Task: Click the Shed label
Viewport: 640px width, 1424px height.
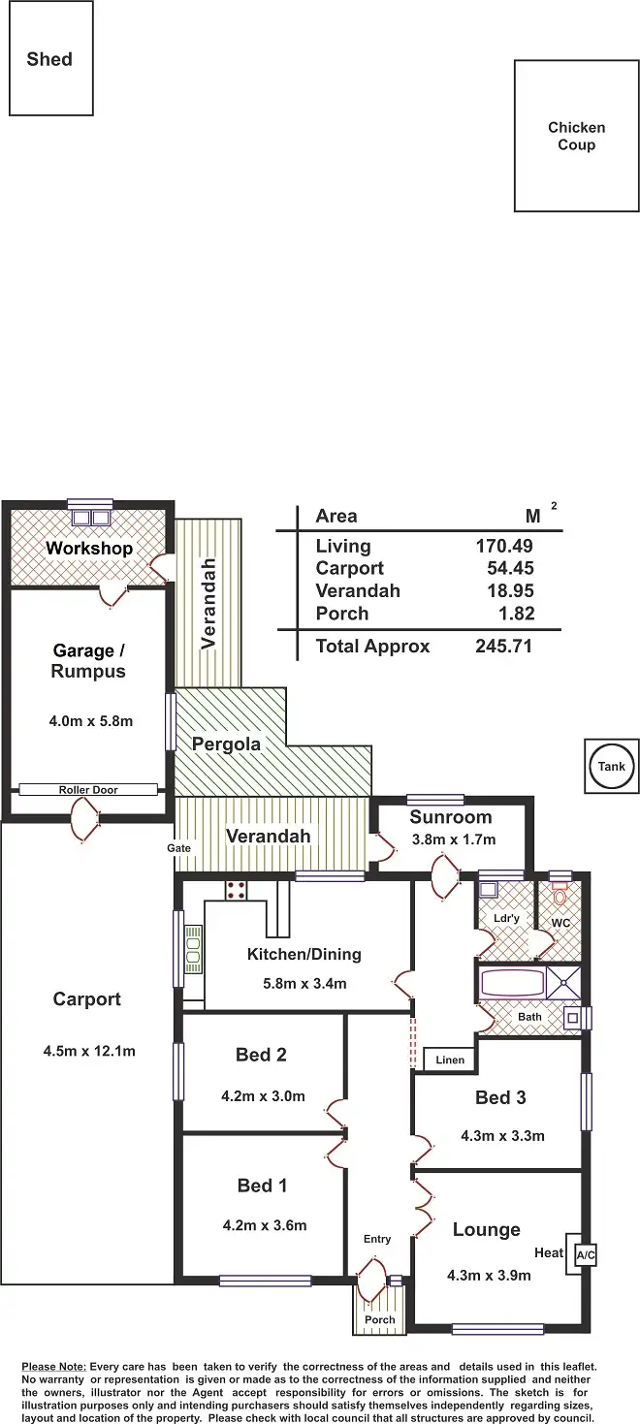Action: coord(49,59)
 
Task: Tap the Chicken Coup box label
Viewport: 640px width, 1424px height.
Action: coord(576,136)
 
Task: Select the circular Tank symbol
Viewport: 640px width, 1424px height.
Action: coord(611,766)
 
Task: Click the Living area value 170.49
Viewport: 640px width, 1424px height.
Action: coord(504,546)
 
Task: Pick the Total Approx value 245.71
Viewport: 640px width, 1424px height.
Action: coord(504,647)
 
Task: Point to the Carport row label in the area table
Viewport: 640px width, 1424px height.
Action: coord(349,568)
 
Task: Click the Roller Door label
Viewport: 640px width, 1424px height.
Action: coord(87,790)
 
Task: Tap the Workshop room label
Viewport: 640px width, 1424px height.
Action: coord(89,549)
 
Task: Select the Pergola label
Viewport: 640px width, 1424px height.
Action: coord(226,744)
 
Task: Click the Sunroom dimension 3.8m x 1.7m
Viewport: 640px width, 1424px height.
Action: coord(452,839)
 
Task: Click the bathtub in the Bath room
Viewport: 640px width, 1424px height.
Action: coord(512,984)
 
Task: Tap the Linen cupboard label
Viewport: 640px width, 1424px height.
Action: coord(449,1060)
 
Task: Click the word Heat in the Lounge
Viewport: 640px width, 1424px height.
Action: coord(549,1252)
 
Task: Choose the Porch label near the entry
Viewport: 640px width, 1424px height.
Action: coord(379,1319)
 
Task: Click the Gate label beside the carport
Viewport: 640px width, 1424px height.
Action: coord(178,848)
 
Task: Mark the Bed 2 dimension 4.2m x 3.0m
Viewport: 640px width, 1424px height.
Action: coord(263,1096)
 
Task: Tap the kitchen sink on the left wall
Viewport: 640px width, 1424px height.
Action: coord(194,949)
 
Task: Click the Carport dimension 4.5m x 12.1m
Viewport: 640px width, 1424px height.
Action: coord(89,1050)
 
